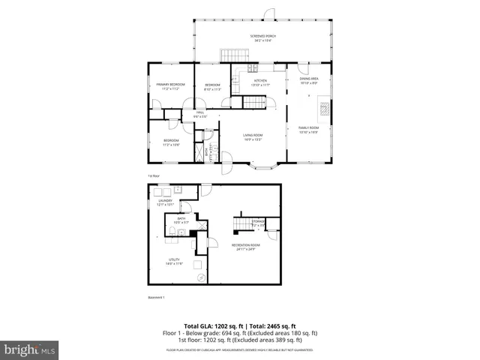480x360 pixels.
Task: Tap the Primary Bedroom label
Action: pos(170,86)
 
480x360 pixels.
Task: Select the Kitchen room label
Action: pos(260,82)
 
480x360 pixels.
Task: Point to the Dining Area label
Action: pos(310,80)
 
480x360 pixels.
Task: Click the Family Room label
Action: pos(308,130)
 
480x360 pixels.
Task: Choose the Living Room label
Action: pos(252,137)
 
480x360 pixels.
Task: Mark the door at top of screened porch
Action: pos(268,13)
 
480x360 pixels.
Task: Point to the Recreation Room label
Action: pos(246,247)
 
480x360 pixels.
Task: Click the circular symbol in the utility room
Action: pos(201,277)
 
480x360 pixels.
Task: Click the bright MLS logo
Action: pos(30,349)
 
